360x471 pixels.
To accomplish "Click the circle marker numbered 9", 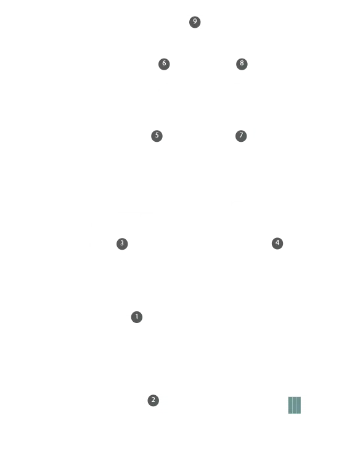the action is [x=195, y=22].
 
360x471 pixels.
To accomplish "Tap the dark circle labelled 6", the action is [x=164, y=64].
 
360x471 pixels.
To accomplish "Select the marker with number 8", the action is [x=242, y=64].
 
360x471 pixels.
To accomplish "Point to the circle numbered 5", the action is [x=157, y=136].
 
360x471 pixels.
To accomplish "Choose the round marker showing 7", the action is [x=241, y=136].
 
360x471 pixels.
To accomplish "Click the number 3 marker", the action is [x=122, y=244].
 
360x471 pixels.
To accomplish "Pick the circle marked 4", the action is [x=277, y=244].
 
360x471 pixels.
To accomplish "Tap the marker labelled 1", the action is [x=137, y=317].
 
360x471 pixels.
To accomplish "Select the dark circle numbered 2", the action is [x=153, y=400].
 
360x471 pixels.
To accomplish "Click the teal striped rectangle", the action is [x=295, y=405].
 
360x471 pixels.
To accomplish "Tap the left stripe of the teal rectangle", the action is [x=290, y=405].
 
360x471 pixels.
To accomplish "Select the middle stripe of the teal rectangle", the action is [x=295, y=405].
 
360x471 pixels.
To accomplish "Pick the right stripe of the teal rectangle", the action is [x=299, y=405].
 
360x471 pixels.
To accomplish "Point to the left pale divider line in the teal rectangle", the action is [x=292, y=405].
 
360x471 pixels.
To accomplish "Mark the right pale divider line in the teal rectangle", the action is [x=297, y=405].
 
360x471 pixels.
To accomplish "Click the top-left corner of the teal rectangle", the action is [x=288, y=397].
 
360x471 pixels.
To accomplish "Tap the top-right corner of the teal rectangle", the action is [x=301, y=397].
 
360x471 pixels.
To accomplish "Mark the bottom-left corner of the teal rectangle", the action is [x=288, y=414].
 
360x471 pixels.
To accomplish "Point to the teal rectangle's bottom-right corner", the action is [x=301, y=414].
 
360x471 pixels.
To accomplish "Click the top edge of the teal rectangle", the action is [x=295, y=397].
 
